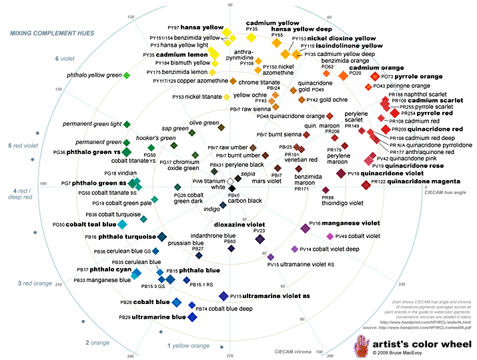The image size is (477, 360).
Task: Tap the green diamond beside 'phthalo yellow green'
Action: (127, 75)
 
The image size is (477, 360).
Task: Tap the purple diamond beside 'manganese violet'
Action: (305, 229)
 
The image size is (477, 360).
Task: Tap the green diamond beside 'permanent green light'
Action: (127, 124)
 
